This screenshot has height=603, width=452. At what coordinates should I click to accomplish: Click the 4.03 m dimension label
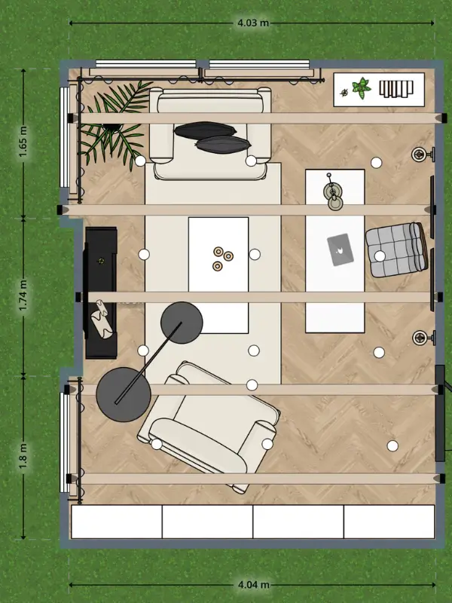click(253, 23)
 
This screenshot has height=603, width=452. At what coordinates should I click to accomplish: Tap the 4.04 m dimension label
click(253, 585)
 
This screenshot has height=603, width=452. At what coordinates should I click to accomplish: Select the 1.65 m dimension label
click(23, 142)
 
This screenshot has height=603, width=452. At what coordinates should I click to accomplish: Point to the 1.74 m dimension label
click(23, 295)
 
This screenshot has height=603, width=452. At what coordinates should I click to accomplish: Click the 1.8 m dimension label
click(23, 456)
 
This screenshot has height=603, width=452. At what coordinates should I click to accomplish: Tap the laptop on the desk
click(341, 249)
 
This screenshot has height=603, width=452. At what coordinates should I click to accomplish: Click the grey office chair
click(397, 249)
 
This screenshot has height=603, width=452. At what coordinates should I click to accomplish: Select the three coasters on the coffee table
click(223, 258)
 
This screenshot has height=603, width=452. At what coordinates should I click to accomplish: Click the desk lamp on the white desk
click(333, 193)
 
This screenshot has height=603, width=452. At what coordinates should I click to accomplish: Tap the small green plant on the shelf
click(362, 87)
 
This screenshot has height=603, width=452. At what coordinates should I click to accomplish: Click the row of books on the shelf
click(396, 88)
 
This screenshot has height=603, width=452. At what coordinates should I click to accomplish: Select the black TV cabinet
click(101, 293)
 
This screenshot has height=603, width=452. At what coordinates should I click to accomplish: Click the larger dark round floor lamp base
click(123, 394)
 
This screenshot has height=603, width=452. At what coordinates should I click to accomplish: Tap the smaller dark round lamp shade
click(182, 323)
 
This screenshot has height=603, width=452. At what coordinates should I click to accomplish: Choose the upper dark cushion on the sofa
click(205, 130)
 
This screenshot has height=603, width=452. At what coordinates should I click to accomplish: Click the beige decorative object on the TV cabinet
click(102, 319)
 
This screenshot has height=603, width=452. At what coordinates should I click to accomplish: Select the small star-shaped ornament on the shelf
click(344, 92)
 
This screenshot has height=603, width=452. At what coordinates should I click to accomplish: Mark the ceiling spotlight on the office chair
click(380, 256)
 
